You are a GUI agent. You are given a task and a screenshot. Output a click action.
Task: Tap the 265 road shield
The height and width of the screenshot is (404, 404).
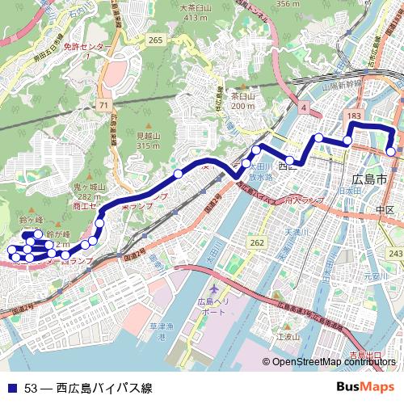(156, 40)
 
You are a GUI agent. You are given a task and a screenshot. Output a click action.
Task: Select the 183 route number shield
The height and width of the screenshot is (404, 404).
(353, 117)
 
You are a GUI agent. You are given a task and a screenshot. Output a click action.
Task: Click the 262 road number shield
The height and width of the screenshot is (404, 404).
(257, 242)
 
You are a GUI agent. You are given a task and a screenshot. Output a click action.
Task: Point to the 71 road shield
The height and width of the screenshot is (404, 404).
(103, 106)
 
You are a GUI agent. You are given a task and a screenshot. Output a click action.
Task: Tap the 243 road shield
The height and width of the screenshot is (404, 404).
(394, 254)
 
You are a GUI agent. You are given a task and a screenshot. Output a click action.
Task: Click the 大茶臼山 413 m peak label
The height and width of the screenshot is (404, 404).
(196, 12)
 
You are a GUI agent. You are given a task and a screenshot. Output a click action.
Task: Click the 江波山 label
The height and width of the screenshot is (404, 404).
(288, 336)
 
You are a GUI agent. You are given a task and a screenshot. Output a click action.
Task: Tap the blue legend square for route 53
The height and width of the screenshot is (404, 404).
(11, 388)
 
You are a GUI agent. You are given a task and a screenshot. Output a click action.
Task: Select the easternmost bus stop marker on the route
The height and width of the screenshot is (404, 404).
(391, 151)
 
